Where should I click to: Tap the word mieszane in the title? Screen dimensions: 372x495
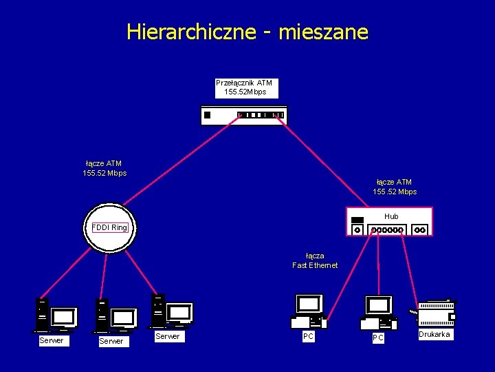(324, 32)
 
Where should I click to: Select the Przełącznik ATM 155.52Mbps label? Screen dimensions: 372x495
(245, 87)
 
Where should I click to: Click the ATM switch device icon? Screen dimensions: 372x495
(243, 114)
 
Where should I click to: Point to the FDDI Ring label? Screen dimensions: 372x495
(110, 227)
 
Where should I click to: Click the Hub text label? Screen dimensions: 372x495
(391, 216)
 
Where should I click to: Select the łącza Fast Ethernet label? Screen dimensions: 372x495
(315, 260)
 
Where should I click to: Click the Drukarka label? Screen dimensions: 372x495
(434, 335)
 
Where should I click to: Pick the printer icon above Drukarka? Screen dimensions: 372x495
(436, 313)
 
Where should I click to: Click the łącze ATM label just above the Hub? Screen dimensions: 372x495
(395, 187)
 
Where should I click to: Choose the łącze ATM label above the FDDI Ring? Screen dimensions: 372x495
(104, 168)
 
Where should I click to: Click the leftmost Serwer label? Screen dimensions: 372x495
(52, 340)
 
